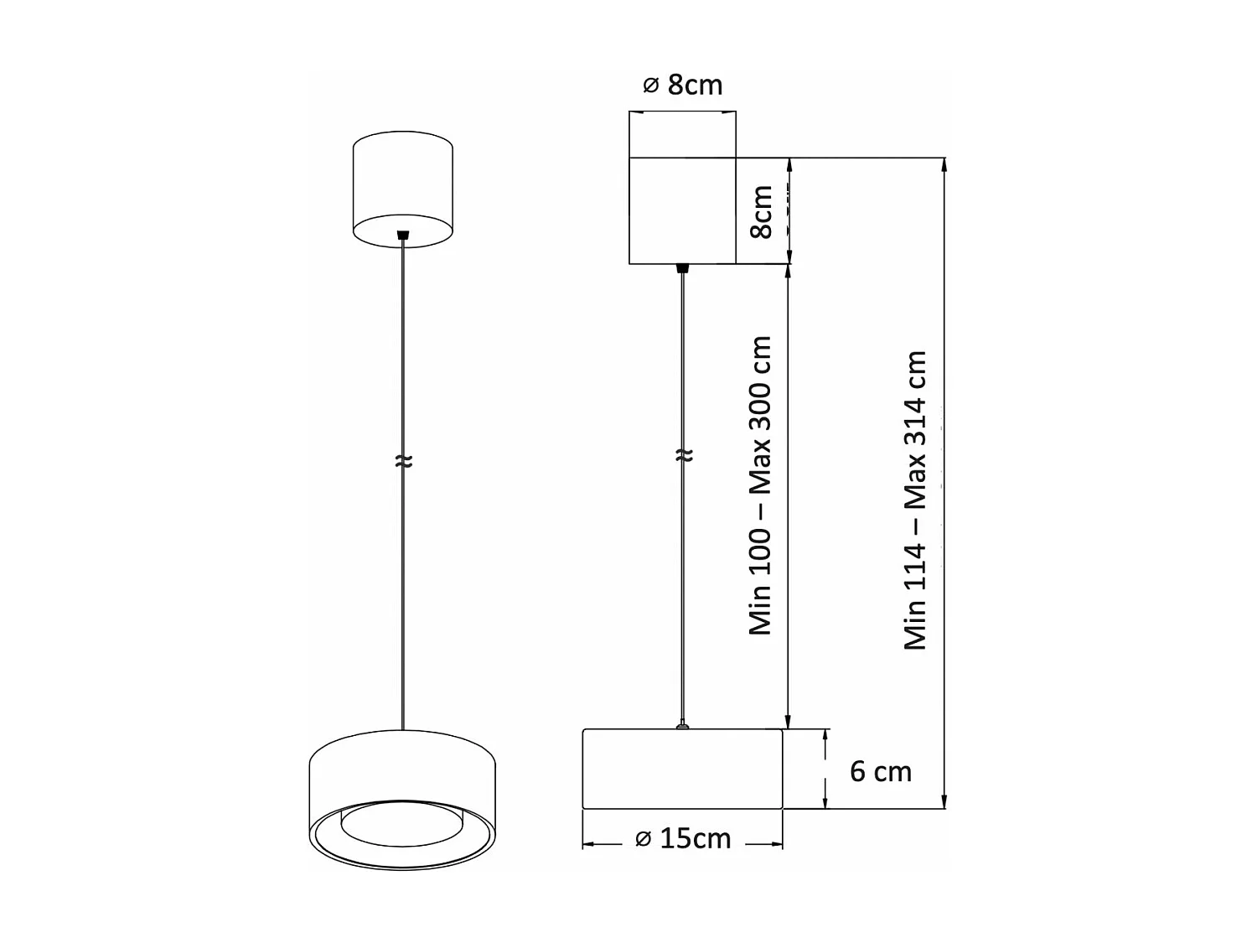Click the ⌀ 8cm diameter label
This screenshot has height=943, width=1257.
point(682,85)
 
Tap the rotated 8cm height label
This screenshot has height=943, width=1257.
point(762,212)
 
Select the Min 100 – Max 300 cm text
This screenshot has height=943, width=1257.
point(760,485)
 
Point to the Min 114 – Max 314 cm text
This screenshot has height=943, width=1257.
point(915,500)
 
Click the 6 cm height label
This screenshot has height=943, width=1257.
point(880,771)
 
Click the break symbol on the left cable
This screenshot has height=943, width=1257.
point(403,461)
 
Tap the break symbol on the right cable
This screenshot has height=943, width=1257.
point(684,455)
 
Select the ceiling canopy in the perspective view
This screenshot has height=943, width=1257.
point(403,189)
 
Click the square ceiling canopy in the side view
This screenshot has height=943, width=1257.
point(682,210)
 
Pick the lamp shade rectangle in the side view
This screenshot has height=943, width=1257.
point(682,769)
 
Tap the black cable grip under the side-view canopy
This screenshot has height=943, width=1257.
point(683,268)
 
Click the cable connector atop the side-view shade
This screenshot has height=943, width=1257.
point(683,725)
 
